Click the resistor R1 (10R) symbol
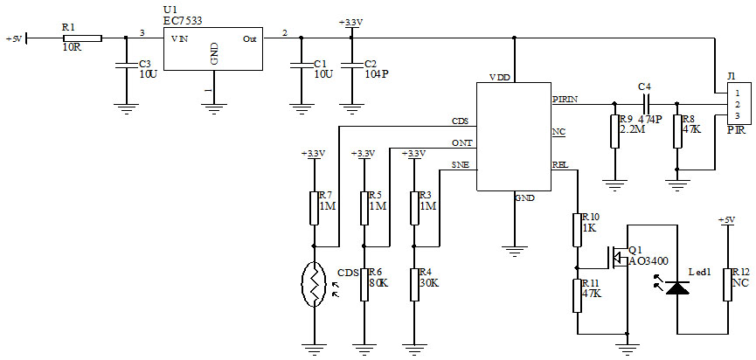pyautogui.click(x=82, y=38)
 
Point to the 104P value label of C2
pyautogui.click(x=376, y=74)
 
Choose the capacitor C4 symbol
pyautogui.click(x=645, y=103)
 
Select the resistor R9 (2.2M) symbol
pyautogui.click(x=614, y=131)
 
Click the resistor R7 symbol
pyautogui.click(x=313, y=208)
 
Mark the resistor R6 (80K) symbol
pyautogui.click(x=364, y=284)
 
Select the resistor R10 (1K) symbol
pyautogui.click(x=576, y=229)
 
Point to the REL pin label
pyautogui.click(x=560, y=163)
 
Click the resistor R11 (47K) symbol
pyautogui.click(x=576, y=294)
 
